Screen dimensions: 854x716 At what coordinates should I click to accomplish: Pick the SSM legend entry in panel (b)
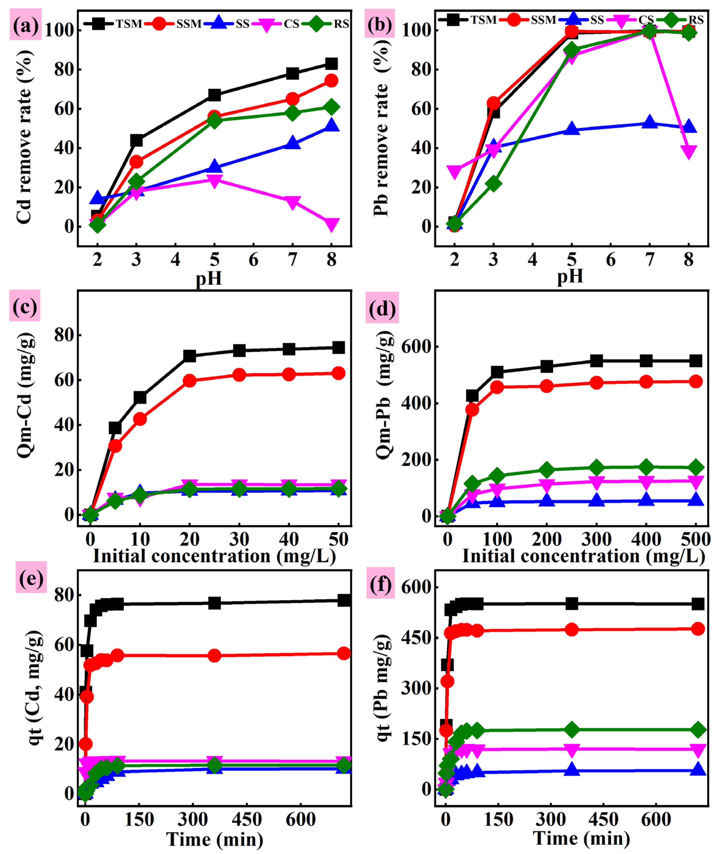[x=514, y=20]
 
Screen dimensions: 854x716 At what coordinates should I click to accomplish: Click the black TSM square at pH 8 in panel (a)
[x=332, y=64]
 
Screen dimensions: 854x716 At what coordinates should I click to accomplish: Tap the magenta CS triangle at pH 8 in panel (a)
[x=332, y=224]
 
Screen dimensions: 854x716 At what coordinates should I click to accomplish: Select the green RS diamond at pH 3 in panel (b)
[x=493, y=184]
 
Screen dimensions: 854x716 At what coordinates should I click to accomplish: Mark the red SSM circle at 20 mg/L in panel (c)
[x=190, y=381]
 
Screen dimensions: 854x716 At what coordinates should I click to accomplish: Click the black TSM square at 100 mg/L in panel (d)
[x=497, y=372]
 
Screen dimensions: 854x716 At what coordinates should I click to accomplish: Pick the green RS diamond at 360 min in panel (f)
[x=572, y=730]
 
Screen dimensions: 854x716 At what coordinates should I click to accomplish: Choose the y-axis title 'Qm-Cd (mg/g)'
[x=25, y=394]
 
